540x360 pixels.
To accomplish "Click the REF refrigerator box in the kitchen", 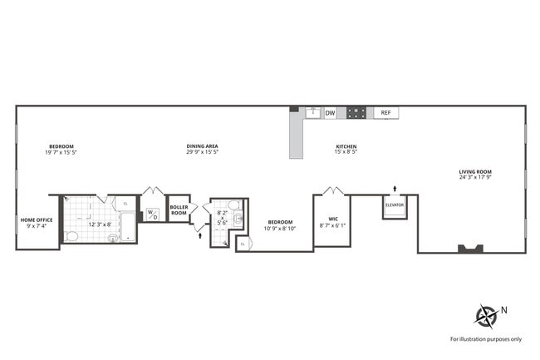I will click(385, 113).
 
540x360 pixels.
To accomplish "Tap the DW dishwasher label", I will click(330, 113).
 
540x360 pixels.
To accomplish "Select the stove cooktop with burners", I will click(356, 113).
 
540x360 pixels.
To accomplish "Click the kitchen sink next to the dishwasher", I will click(313, 112).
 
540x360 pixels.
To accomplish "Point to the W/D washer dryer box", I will click(153, 213).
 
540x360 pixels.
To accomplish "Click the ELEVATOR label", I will click(395, 205).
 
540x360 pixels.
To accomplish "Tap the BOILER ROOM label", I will click(179, 210).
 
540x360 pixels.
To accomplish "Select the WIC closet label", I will click(331, 222).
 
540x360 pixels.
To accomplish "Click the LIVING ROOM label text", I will click(475, 172).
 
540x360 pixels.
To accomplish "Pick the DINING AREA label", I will click(202, 146).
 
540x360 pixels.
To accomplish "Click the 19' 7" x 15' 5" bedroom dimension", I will click(61, 152).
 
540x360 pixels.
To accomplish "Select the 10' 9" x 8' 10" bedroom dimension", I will click(280, 227).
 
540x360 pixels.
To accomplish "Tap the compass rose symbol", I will click(485, 316).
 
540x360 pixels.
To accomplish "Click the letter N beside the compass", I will click(503, 310).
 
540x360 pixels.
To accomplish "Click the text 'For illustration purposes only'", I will click(486, 339).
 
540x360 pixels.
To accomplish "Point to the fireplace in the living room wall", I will click(471, 248).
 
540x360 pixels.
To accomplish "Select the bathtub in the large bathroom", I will click(127, 225).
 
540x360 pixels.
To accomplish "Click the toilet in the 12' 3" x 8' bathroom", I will click(72, 236).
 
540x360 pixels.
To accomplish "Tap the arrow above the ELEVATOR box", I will click(395, 189).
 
